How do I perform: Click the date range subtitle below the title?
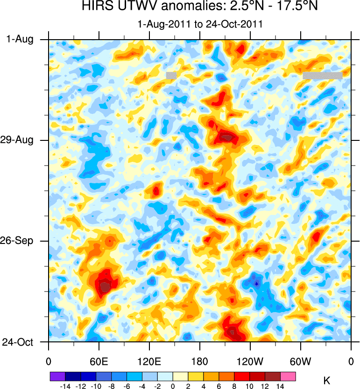[x=200, y=23]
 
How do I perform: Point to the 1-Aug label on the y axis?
[x=20, y=40]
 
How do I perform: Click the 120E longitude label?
[x=149, y=361]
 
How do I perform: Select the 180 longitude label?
[x=199, y=361]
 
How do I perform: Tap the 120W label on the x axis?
[x=250, y=361]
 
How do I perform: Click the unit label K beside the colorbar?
[x=327, y=381]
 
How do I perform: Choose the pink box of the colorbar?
[x=288, y=376]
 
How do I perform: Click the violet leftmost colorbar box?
[x=57, y=376]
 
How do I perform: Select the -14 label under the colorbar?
[x=64, y=386]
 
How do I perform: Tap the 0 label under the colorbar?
[x=173, y=386]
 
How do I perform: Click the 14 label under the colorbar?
[x=281, y=386]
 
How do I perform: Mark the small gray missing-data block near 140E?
[x=171, y=75]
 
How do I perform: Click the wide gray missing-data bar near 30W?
[x=323, y=75]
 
